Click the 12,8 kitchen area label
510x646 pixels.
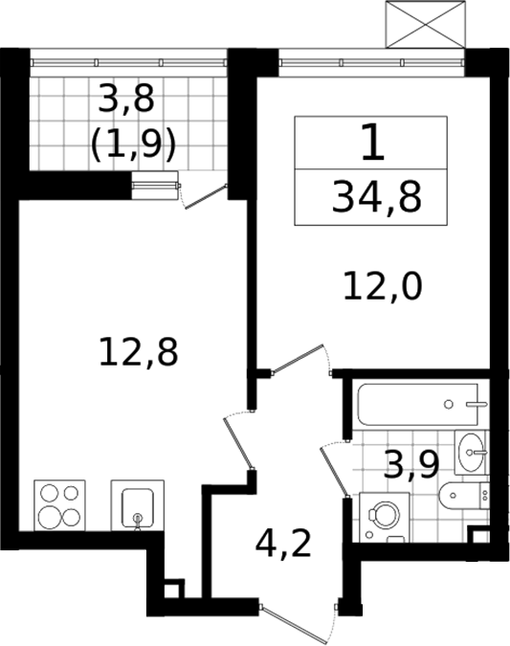click(x=139, y=351)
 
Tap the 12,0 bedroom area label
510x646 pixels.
click(x=383, y=287)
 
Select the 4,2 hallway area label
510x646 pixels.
click(x=283, y=544)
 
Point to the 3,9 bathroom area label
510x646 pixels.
click(x=411, y=465)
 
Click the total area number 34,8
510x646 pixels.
click(x=377, y=198)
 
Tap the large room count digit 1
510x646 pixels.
click(x=373, y=143)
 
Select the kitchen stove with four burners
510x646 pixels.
click(x=59, y=505)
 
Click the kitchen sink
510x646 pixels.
click(x=138, y=505)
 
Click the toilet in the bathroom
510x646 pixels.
click(x=464, y=495)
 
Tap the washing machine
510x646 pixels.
click(x=385, y=517)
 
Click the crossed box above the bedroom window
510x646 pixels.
click(x=425, y=24)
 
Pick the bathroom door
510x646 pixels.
click(x=336, y=470)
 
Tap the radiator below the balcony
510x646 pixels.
click(x=155, y=186)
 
